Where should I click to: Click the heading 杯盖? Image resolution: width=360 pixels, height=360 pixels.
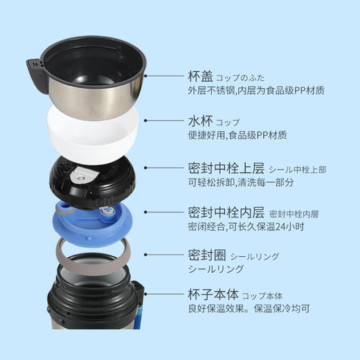200,76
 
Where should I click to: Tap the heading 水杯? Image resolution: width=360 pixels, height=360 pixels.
200,120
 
